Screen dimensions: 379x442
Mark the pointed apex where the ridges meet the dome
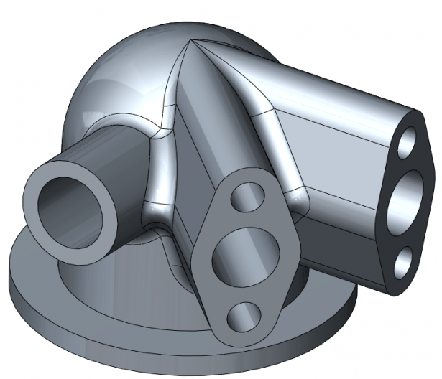point(193,41)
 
